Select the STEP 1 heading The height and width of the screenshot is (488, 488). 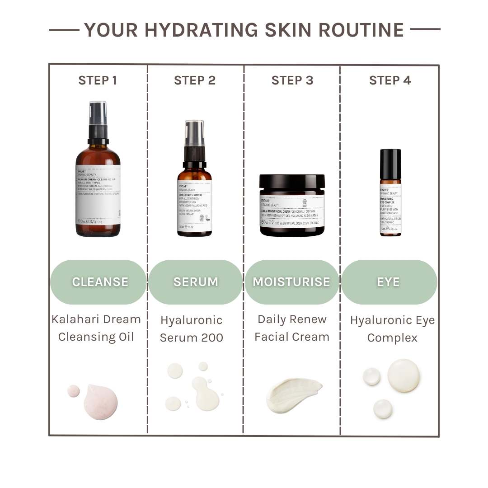98,80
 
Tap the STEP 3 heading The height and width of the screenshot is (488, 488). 292,80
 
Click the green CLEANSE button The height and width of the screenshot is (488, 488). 99,282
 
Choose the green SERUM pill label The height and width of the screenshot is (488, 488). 196,282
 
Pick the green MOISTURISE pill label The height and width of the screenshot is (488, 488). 291,282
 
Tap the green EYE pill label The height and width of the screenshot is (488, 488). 389,282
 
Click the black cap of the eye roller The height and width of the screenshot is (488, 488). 390,164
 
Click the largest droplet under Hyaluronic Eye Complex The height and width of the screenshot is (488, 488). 404,375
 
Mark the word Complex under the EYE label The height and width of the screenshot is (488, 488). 392,338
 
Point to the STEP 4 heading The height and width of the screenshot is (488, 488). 390,80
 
